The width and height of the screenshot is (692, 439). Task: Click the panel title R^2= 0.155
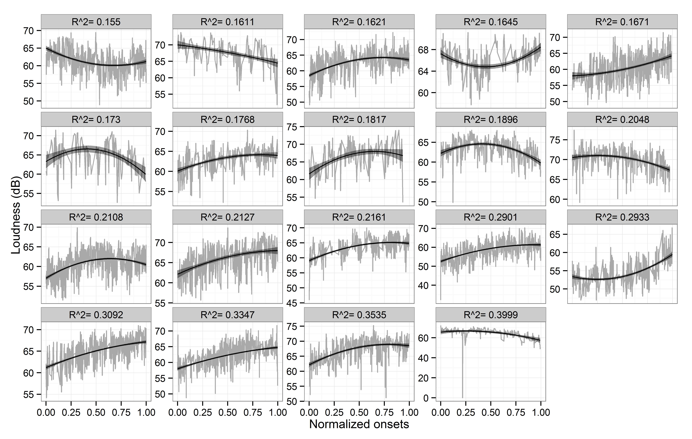[96, 22]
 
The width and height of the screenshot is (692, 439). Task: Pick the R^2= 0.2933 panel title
[622, 217]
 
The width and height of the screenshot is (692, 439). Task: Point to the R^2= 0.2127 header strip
[228, 217]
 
